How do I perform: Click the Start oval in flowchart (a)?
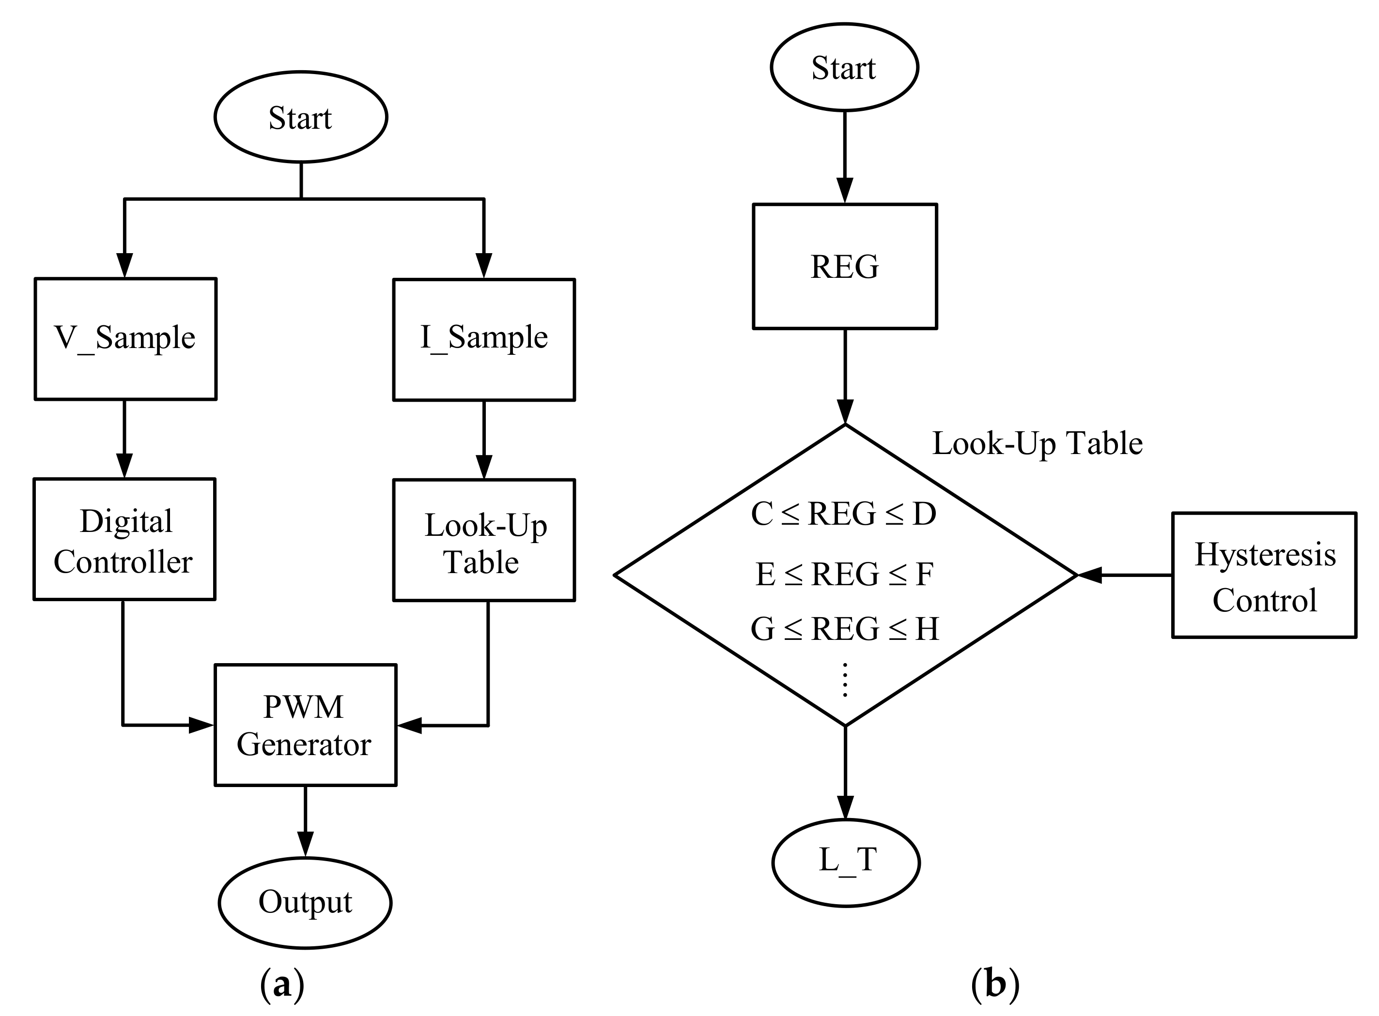pyautogui.click(x=300, y=117)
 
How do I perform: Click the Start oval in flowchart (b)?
pyautogui.click(x=844, y=67)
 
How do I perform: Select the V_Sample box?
pyautogui.click(x=125, y=339)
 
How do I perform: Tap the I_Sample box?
pyautogui.click(x=484, y=339)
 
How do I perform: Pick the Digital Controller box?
pyautogui.click(x=124, y=539)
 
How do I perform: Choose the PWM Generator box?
pyautogui.click(x=305, y=725)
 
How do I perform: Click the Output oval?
pyautogui.click(x=305, y=902)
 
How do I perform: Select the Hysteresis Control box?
pyautogui.click(x=1264, y=575)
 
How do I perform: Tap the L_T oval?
pyautogui.click(x=846, y=862)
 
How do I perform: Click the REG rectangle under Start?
pyautogui.click(x=844, y=266)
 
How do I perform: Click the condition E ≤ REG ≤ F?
pyautogui.click(x=844, y=574)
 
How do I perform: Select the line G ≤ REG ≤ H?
pyautogui.click(x=844, y=629)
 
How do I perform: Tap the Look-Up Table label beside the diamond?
pyautogui.click(x=1037, y=443)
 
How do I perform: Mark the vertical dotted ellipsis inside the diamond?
pyautogui.click(x=845, y=680)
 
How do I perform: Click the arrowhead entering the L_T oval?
pyautogui.click(x=846, y=807)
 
